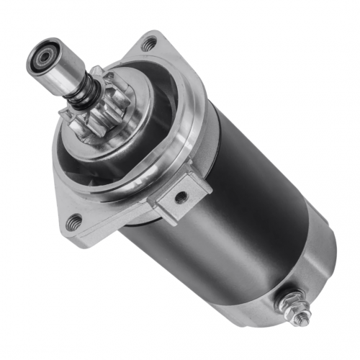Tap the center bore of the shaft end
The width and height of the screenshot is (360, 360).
click(42, 57)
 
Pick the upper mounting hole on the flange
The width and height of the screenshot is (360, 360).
click(148, 44)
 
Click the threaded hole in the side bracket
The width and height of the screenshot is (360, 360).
click(181, 195)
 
